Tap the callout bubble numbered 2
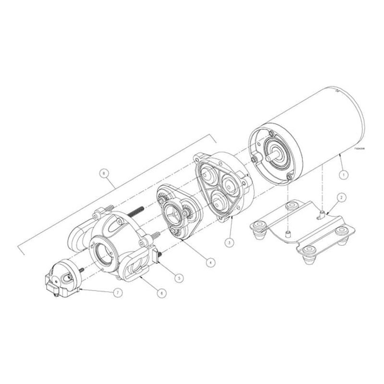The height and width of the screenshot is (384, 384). [341, 197]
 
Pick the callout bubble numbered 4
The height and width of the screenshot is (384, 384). [210, 262]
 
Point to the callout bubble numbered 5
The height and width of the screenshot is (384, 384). [179, 277]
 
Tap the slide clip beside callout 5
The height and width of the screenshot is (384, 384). [156, 254]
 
